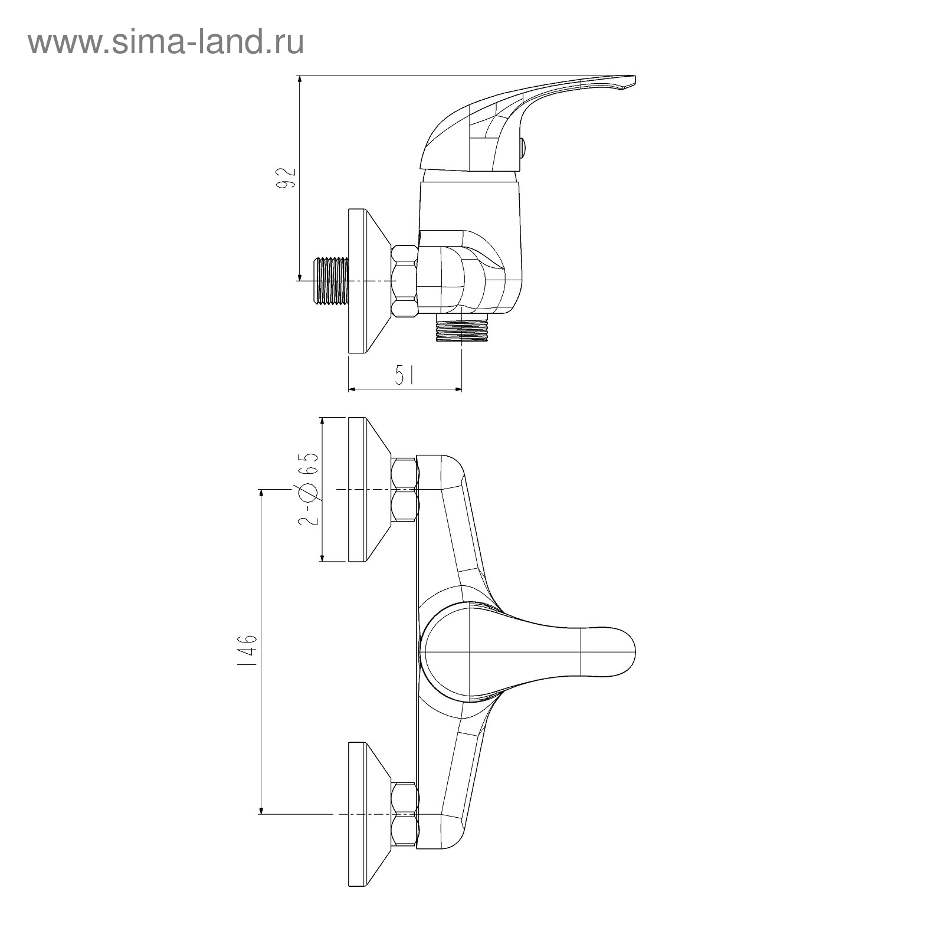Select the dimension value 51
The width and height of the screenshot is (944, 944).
(x=404, y=376)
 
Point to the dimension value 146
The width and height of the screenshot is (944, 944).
(x=248, y=651)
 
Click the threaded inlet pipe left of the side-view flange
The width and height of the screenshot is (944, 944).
(x=330, y=281)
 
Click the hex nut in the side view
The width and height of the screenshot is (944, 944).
(x=405, y=281)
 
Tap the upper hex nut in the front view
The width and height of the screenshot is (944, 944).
(x=405, y=489)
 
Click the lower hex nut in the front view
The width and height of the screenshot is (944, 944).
(x=405, y=814)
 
